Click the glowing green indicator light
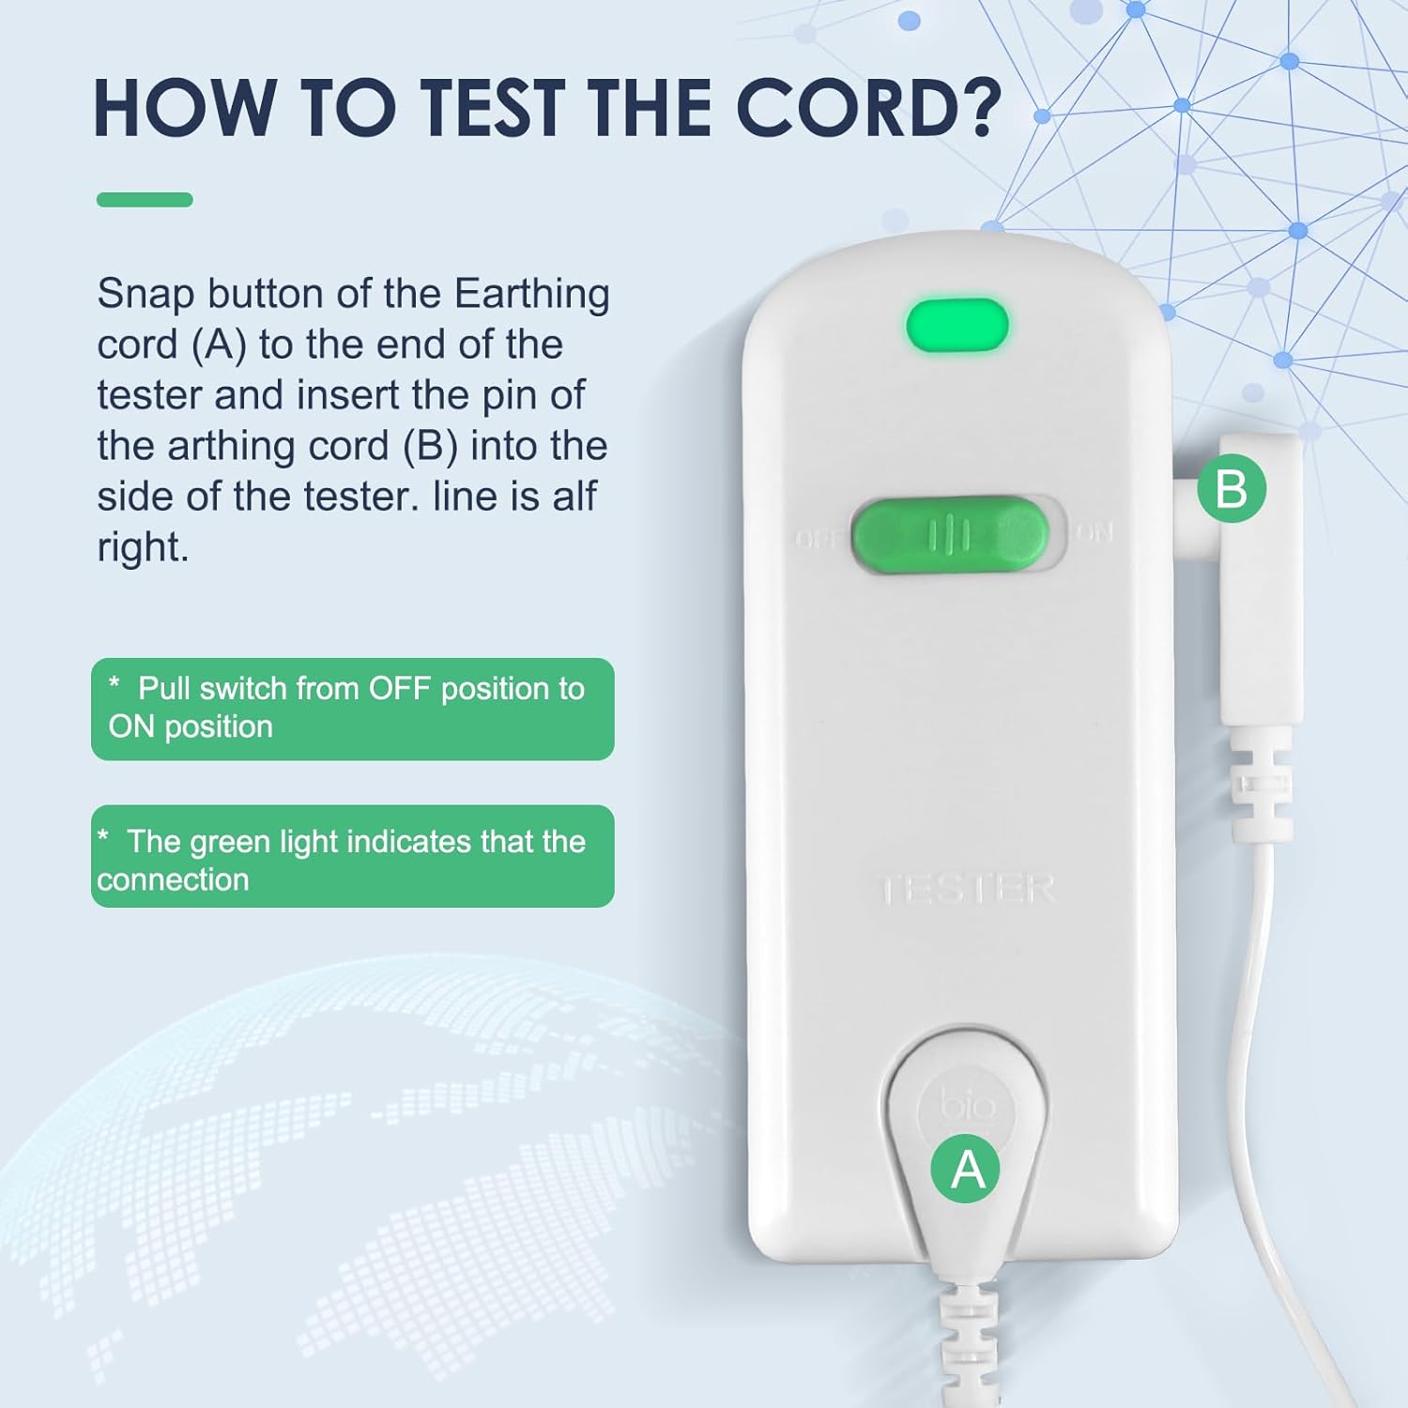coord(957,325)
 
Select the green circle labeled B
coord(1232,489)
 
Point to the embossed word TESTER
coord(966,889)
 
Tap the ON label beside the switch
coord(1094,533)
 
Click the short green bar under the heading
coord(145,199)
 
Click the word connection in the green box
coord(173,880)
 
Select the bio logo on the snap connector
coord(969,1105)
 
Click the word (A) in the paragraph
coord(219,345)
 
